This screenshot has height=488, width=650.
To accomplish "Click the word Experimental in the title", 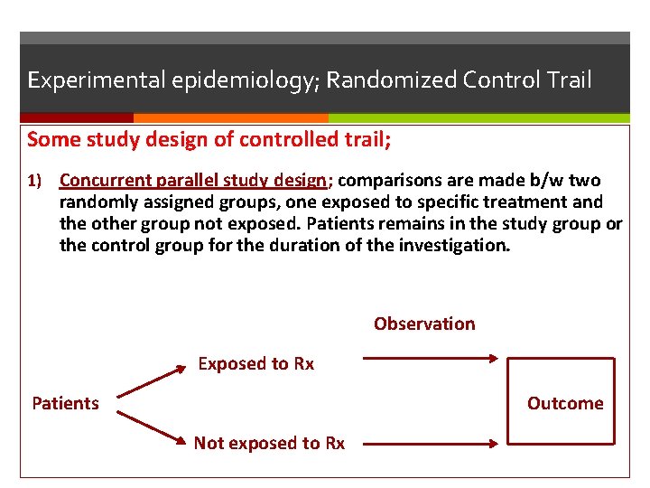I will click(82, 80).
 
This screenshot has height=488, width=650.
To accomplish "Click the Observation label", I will click(424, 324).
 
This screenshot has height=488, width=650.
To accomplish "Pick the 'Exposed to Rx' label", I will click(255, 363).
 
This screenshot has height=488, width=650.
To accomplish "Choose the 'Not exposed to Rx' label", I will click(269, 443).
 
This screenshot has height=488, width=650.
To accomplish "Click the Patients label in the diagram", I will click(65, 403).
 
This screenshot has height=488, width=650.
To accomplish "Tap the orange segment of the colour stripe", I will click(230, 117).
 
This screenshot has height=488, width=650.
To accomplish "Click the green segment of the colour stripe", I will click(478, 117).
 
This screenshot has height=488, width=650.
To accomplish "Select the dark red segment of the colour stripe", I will click(77, 117).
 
